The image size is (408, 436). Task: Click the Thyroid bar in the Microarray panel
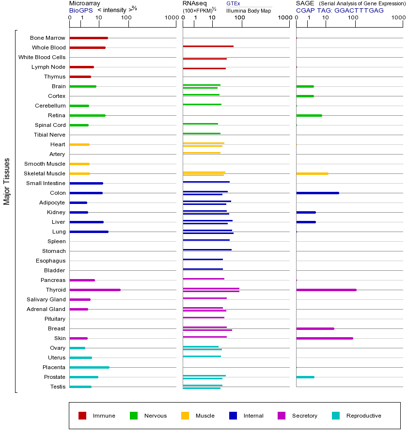(x=95, y=290)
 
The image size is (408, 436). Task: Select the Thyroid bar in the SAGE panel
(x=326, y=290)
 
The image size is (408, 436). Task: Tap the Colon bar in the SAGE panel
(x=317, y=193)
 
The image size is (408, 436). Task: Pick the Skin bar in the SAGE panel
(x=325, y=338)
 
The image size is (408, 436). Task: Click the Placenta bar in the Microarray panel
(x=90, y=367)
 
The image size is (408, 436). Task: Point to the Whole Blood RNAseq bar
(x=208, y=46)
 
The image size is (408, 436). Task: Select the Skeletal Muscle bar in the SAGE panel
(x=312, y=173)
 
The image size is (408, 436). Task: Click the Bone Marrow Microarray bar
(x=89, y=38)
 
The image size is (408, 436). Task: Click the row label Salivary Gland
(x=46, y=299)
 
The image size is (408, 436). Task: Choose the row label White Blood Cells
(x=42, y=57)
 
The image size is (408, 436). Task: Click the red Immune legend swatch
(x=82, y=416)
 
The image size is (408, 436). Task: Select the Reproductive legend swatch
(x=336, y=416)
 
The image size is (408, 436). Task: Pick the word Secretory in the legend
(x=304, y=416)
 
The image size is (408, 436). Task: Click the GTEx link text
(x=233, y=3)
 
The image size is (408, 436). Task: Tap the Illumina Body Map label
(x=249, y=10)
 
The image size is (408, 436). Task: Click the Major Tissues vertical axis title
(x=7, y=182)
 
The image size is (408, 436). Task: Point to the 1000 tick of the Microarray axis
(x=171, y=17)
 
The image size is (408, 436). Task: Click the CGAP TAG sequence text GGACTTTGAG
(x=359, y=10)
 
